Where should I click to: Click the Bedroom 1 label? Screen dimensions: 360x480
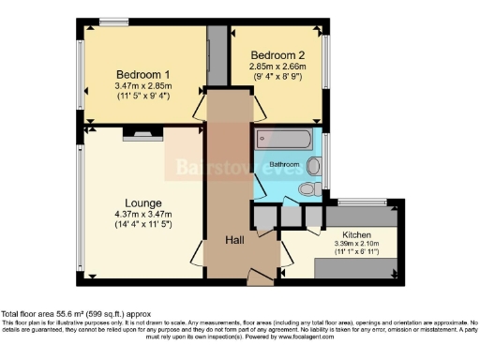[142, 75]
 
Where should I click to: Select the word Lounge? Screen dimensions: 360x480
[143, 202]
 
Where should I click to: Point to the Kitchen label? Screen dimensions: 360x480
[357, 234]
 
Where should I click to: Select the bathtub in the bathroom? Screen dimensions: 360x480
[287, 141]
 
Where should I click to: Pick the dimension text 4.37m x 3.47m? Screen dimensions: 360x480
[143, 215]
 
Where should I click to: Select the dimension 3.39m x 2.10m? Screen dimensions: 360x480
[357, 245]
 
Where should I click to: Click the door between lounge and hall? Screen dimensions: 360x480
[198, 251]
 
